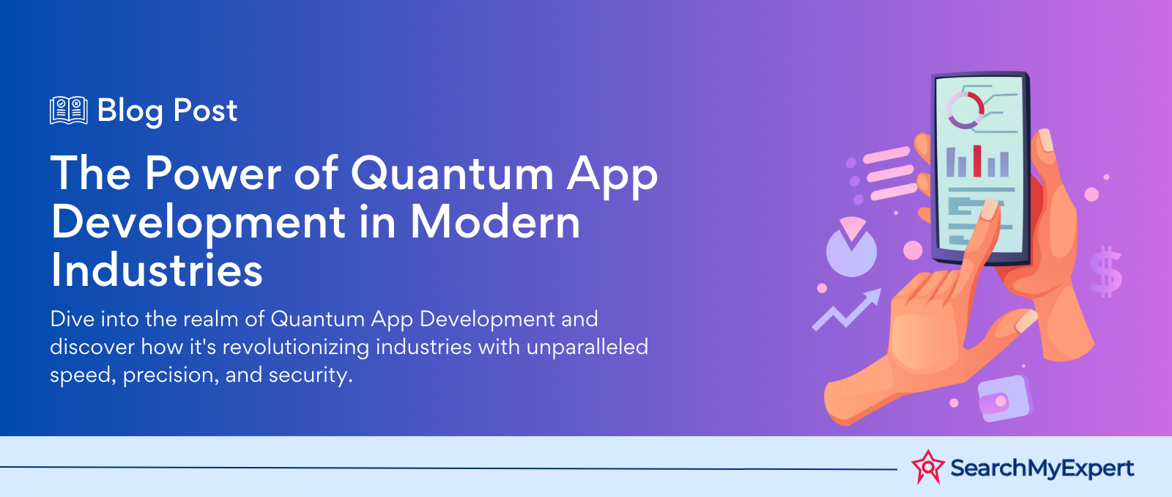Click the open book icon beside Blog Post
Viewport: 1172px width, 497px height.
pos(69,111)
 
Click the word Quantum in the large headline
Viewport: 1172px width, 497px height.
pos(452,174)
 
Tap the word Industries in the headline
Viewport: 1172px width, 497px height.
pos(157,270)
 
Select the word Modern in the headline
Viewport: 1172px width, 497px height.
pos(495,222)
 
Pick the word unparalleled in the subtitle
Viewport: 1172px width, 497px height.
pos(587,347)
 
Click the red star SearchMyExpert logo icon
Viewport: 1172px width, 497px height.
pos(928,467)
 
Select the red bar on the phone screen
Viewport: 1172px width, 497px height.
pos(976,161)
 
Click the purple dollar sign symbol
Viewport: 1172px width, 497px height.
pos(1105,270)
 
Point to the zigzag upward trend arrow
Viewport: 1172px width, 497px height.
pos(847,311)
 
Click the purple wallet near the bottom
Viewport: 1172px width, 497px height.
pos(1004,399)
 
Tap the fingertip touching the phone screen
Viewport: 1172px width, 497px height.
pos(989,210)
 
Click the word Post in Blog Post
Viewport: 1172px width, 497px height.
pos(205,111)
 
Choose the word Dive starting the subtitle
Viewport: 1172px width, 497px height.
pos(70,319)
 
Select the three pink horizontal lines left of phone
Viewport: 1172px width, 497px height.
pos(890,173)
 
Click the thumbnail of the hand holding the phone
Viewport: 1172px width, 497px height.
pos(1046,140)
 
